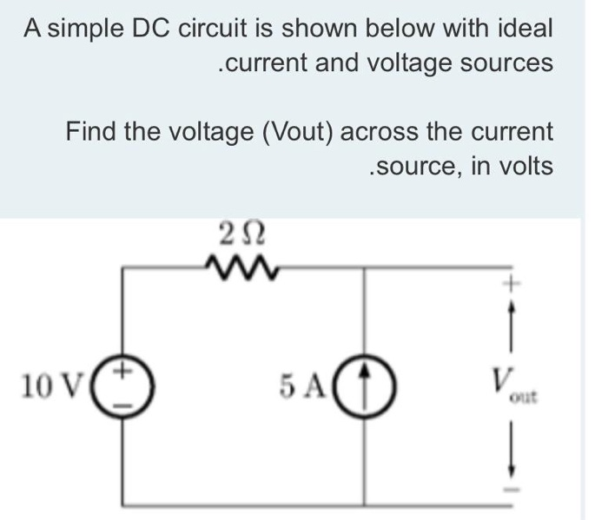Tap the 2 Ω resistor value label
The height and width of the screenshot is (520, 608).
tap(236, 234)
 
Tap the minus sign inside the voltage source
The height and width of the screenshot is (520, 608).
tap(125, 399)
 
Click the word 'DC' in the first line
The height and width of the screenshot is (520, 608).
tap(155, 28)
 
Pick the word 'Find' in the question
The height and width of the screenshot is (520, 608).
tap(91, 131)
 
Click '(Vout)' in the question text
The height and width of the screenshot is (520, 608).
tap(299, 131)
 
